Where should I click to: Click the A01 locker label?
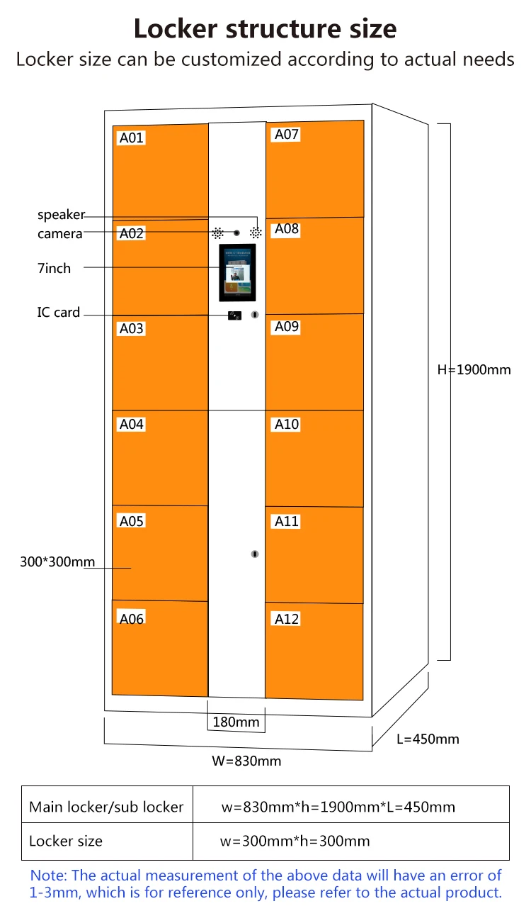132,138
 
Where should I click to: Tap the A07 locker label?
287,134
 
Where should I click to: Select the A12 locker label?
287,619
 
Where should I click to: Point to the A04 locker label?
132,424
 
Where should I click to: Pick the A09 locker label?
287,327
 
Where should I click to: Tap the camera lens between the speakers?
237,233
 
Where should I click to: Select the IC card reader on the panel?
234,315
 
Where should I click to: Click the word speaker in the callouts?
61,215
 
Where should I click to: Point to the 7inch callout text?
55,268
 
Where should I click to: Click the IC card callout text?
59,312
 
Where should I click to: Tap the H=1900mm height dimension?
474,369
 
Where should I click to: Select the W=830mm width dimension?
246,761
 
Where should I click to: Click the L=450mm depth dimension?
428,739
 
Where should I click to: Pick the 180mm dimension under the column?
236,722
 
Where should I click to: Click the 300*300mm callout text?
57,562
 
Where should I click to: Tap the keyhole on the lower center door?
255,554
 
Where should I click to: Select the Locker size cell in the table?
66,841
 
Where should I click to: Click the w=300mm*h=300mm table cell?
295,841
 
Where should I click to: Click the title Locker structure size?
265,29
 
